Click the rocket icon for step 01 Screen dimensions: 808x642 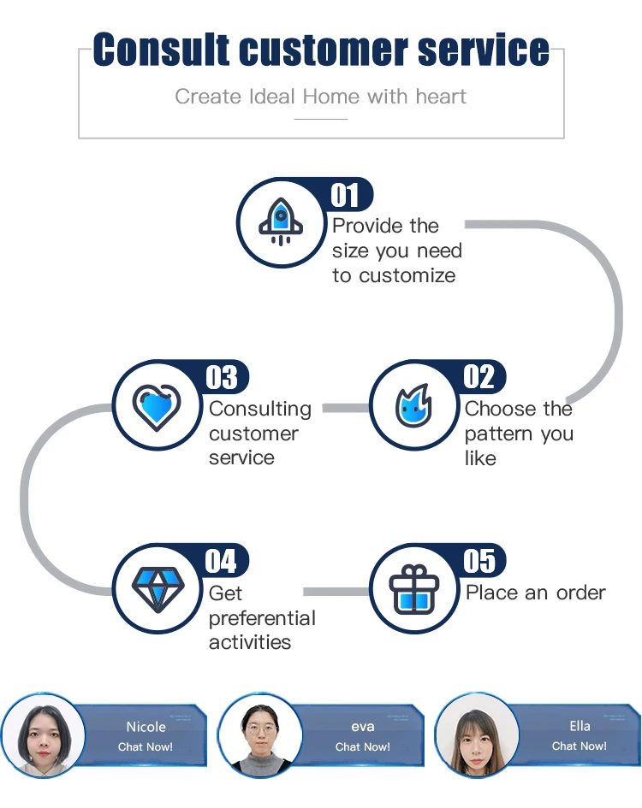(x=279, y=221)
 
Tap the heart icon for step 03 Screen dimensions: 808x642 (x=157, y=405)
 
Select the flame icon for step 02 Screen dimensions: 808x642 (x=413, y=405)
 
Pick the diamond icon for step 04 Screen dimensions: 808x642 (x=157, y=588)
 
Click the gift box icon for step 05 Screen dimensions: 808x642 (x=413, y=589)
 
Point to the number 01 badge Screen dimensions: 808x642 (x=346, y=195)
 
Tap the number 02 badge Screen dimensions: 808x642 (x=479, y=376)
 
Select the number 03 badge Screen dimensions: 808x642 (x=222, y=376)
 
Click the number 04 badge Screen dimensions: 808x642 (x=222, y=561)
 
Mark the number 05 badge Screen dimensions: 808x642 (x=479, y=561)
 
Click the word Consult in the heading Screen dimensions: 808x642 (x=163, y=50)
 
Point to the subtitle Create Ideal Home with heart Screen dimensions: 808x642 (x=321, y=96)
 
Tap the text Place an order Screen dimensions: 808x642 (x=536, y=593)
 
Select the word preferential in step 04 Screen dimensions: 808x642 (x=262, y=618)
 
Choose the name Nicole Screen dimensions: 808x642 (x=146, y=727)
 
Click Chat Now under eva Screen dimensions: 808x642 (x=362, y=746)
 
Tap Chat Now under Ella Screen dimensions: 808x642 (x=580, y=746)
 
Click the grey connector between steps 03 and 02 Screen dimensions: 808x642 (x=345, y=408)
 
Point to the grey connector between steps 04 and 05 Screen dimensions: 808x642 (x=336, y=592)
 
